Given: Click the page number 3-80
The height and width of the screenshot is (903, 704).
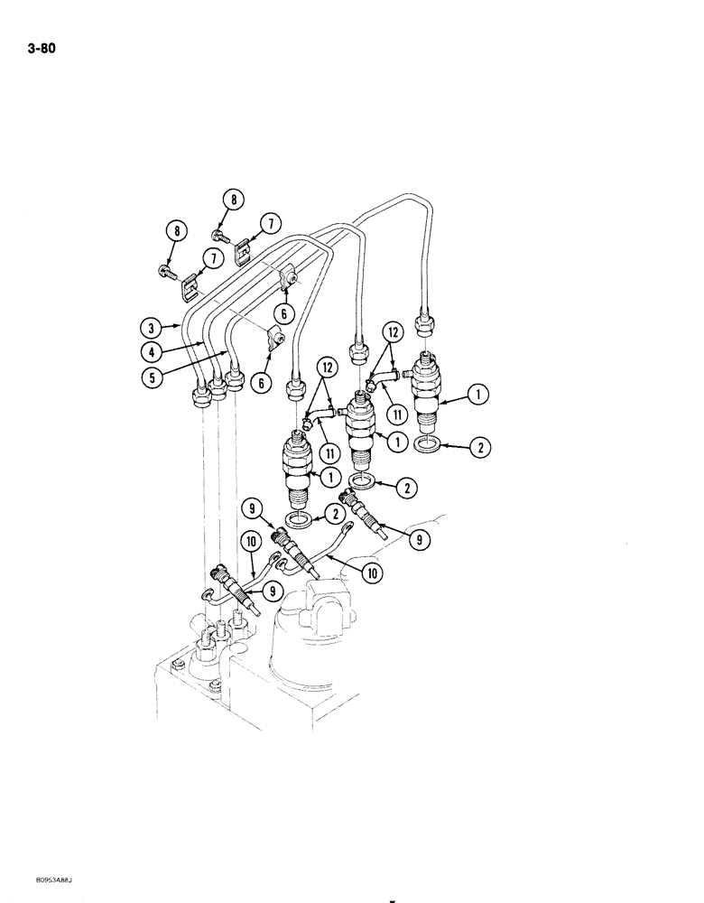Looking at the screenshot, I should [42, 50].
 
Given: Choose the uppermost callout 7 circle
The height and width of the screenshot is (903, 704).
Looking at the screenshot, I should [269, 222].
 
